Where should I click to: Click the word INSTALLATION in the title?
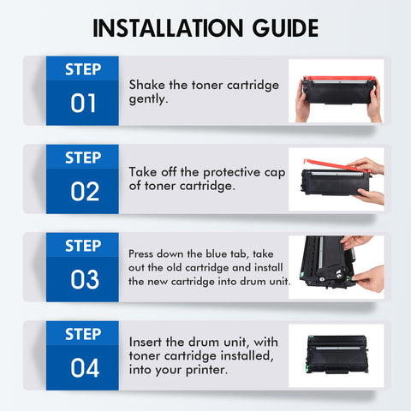coord(168,28)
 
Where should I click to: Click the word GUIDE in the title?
coord(285,28)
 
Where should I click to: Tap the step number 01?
coord(83,103)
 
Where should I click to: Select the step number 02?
coord(85,192)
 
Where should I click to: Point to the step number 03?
coord(85,279)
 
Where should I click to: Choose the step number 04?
coord(85,368)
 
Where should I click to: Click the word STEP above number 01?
coord(83,69)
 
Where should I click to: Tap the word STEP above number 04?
coord(83,334)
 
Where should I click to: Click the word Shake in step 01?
coord(147,85)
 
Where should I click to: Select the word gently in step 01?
coord(148,99)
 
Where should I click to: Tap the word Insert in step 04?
coord(146,342)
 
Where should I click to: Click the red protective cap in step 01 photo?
coord(339,79)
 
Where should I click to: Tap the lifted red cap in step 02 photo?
coord(337,166)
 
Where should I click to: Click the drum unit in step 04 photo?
coord(337,354)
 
